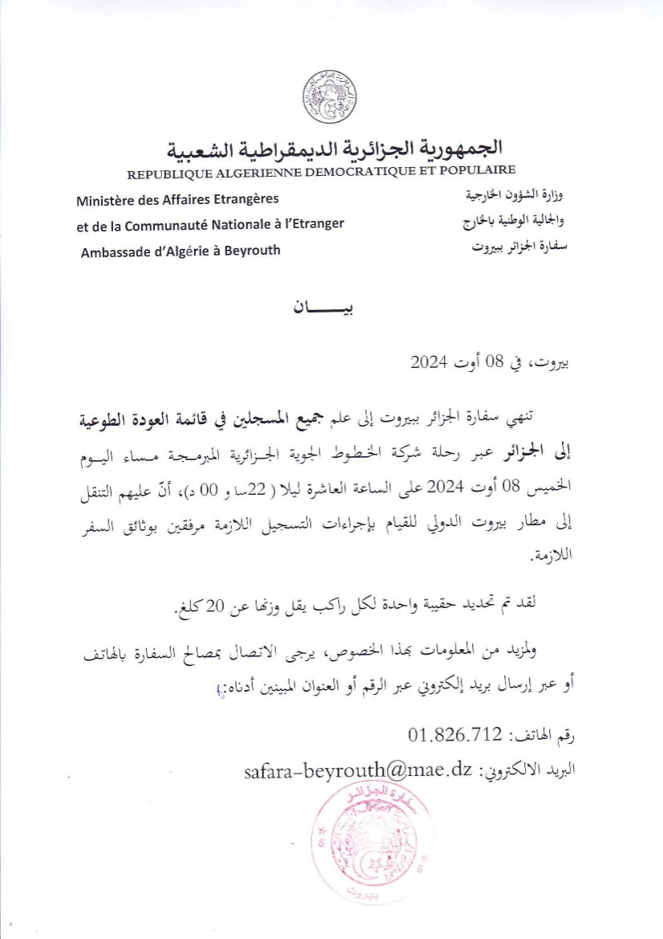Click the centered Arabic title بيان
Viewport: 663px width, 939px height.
click(330, 308)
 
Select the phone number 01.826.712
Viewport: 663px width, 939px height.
click(454, 734)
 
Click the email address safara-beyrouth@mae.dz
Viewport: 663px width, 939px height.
click(357, 770)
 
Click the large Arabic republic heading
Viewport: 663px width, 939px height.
click(335, 149)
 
